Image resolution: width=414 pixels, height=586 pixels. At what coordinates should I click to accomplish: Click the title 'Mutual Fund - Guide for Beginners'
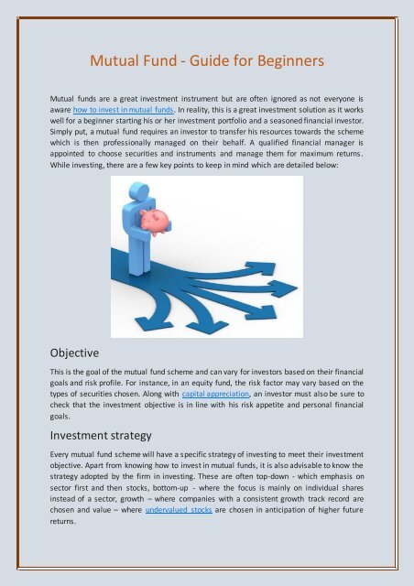click(x=206, y=62)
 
